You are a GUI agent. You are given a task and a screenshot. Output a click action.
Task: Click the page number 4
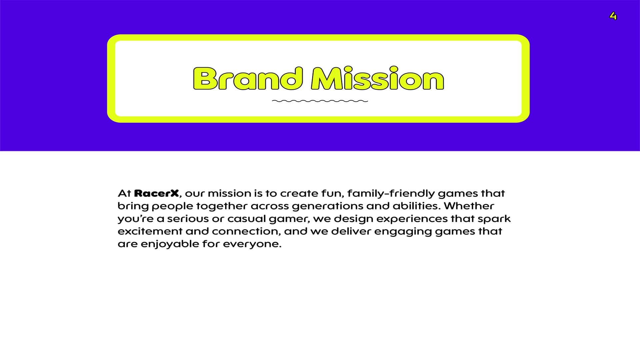point(613,16)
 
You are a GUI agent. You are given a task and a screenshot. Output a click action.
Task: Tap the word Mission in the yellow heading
point(377,78)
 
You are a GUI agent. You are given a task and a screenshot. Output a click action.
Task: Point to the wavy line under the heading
point(320,101)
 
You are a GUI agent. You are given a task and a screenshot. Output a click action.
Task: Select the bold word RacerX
point(156,193)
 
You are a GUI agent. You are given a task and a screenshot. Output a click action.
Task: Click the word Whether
point(469,206)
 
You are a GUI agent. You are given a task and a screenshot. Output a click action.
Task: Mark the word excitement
point(150,231)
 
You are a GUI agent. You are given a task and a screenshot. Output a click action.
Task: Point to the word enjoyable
point(170,244)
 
